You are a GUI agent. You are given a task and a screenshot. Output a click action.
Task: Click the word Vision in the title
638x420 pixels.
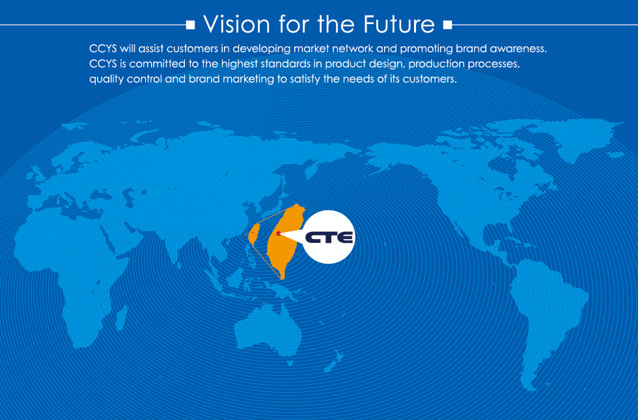236,24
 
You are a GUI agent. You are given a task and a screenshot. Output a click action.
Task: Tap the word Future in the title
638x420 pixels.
398,24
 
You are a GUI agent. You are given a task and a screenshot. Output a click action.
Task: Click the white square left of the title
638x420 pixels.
190,25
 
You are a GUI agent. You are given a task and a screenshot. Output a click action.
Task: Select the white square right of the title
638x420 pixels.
448,25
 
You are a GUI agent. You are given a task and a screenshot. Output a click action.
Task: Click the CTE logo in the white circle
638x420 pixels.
329,237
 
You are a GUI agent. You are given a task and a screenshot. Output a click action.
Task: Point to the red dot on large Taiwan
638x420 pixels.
279,233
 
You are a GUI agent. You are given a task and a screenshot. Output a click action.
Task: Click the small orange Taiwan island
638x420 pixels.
254,234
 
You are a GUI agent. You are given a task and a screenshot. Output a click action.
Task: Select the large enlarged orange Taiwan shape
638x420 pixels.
285,241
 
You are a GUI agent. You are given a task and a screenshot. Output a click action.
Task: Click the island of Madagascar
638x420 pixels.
121,318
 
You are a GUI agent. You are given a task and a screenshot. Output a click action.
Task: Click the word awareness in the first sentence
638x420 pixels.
518,48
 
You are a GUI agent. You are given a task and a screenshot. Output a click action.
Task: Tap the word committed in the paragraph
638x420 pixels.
157,64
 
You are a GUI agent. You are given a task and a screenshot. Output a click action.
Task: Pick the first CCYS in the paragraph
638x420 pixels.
103,48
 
